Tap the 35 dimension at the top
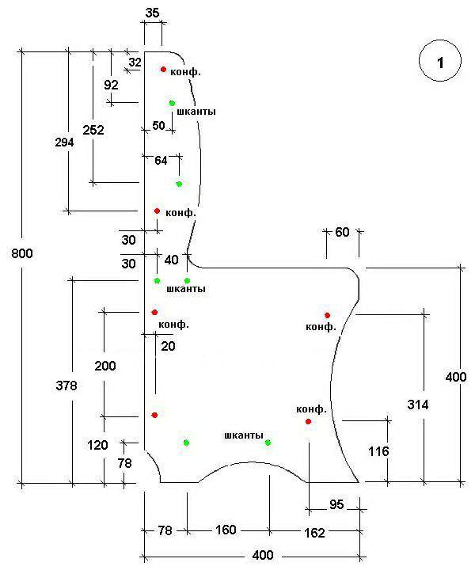click(154, 12)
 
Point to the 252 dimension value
click(93, 130)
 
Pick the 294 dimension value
click(64, 142)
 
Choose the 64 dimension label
click(161, 160)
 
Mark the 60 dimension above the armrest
click(342, 232)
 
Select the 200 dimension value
click(104, 366)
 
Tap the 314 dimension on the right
click(418, 405)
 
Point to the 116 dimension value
click(378, 452)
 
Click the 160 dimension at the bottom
click(226, 530)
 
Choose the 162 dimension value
click(313, 533)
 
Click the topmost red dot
click(163, 70)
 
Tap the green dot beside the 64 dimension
click(179, 184)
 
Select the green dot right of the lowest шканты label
click(268, 443)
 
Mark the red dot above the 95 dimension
click(308, 421)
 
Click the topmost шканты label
click(196, 112)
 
